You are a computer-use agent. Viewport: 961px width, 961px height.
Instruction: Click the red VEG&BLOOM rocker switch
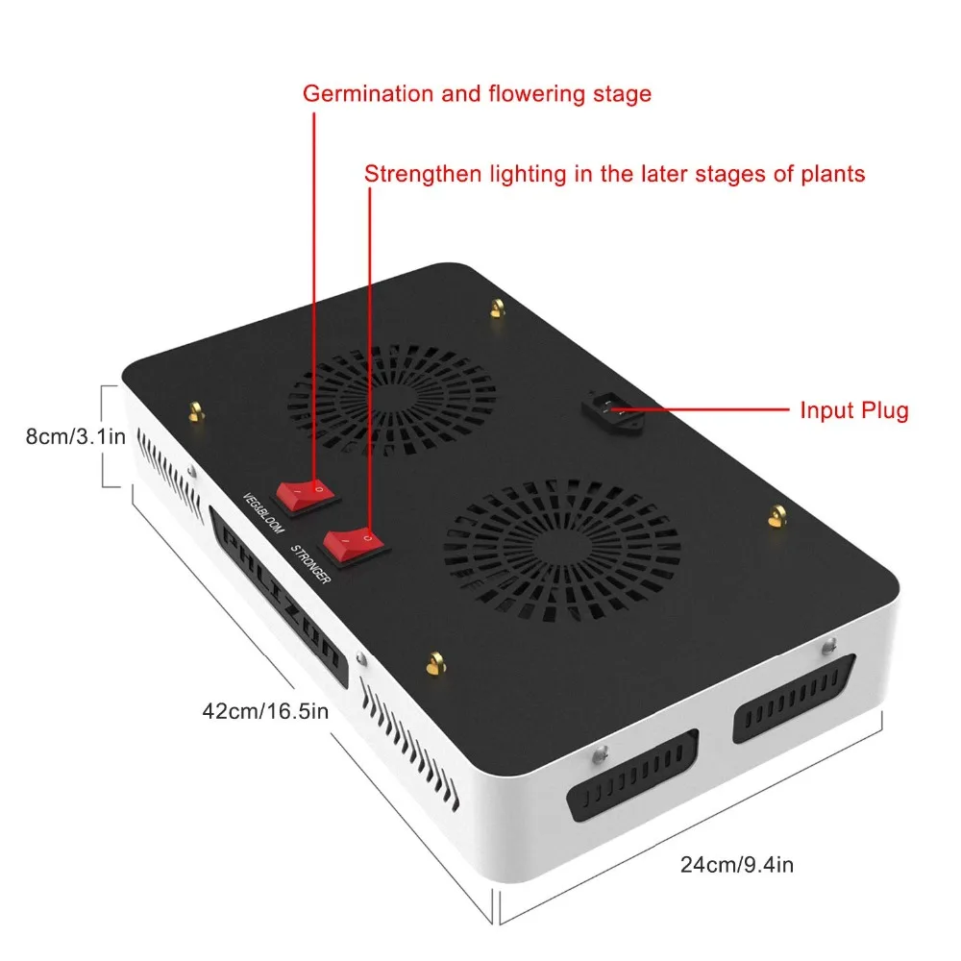(x=307, y=493)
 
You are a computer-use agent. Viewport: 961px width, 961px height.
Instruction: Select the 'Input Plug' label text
(x=853, y=410)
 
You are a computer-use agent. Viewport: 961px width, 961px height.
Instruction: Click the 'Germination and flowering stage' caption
(x=477, y=93)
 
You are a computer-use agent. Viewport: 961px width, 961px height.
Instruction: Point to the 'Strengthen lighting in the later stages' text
(x=614, y=174)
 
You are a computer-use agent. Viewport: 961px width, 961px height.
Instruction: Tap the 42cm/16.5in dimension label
(x=265, y=712)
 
